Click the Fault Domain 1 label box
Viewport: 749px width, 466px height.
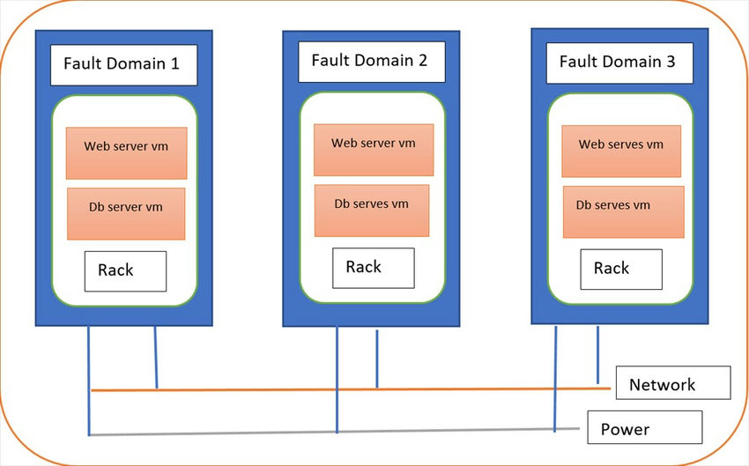pos(123,66)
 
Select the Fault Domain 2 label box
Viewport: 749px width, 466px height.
pos(370,62)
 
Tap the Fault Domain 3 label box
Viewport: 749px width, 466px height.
pos(619,63)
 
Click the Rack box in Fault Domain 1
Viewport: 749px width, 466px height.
pos(125,270)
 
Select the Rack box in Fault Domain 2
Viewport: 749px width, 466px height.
pos(373,267)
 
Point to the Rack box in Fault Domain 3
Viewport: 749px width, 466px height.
pos(621,268)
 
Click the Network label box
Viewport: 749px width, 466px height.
pos(673,384)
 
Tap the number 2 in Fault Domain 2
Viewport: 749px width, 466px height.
pos(422,61)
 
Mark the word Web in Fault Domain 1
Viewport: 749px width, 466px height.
pos(97,146)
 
